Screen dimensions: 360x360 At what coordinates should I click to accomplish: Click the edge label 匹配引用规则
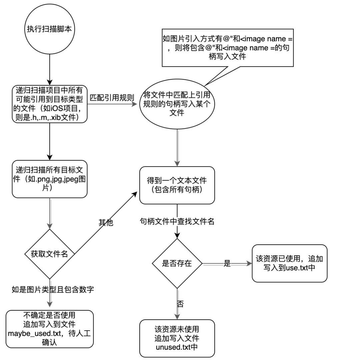coord(112,98)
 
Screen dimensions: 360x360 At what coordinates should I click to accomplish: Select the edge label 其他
coord(106,222)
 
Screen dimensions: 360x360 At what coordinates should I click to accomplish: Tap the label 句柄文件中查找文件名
coord(177,222)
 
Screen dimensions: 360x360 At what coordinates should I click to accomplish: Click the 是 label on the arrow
coord(227,264)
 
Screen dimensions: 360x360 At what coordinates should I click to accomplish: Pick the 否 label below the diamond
coord(180,304)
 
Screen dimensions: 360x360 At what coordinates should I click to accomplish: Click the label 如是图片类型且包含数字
coord(53,290)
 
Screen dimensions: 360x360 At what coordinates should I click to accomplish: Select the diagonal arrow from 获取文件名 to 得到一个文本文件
coord(106,223)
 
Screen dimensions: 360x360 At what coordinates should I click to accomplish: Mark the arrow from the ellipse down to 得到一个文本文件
coord(177,148)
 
